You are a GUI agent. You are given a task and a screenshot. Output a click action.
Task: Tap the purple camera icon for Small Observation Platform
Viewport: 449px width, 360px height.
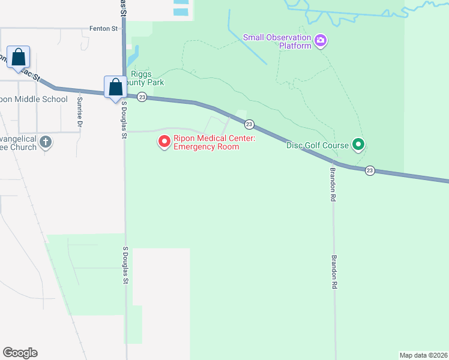click(321, 41)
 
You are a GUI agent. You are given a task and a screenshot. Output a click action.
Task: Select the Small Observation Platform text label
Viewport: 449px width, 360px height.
click(277, 41)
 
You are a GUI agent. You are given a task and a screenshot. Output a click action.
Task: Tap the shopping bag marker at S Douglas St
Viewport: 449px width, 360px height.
click(115, 87)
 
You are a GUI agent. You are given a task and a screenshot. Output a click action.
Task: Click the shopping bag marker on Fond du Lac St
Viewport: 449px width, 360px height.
click(19, 58)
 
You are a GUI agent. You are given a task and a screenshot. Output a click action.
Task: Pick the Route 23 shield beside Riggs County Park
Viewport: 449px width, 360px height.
click(142, 97)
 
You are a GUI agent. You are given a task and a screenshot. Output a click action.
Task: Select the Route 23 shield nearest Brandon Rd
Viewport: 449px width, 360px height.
click(370, 170)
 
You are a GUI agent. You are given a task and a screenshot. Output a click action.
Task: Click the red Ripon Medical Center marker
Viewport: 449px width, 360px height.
click(164, 142)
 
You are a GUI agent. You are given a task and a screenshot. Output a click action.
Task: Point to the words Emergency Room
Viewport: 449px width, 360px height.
click(206, 147)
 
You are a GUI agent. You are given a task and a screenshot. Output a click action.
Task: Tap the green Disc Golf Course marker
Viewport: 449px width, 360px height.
click(358, 145)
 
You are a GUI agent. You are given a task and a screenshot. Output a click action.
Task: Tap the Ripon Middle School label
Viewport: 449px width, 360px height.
click(34, 99)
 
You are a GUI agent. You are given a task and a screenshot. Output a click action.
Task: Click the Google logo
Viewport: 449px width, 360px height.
click(20, 353)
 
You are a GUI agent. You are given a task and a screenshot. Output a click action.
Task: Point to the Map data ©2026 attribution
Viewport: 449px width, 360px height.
click(423, 355)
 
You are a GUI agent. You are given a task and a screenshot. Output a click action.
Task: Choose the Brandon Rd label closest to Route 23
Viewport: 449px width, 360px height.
click(333, 179)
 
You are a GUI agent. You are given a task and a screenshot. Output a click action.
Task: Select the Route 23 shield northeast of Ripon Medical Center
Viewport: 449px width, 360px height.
click(249, 124)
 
